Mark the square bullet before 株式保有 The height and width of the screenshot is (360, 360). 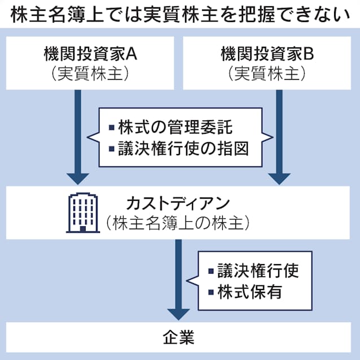[x=212, y=292]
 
